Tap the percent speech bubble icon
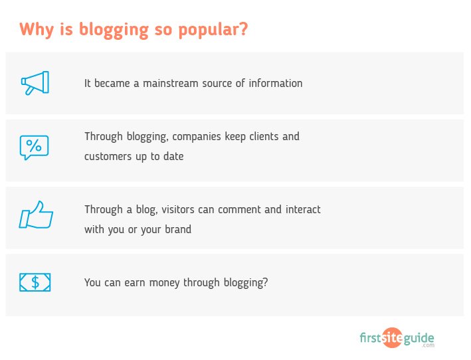click(34, 147)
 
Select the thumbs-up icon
click(36, 215)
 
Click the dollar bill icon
click(35, 282)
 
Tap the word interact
click(303, 210)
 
